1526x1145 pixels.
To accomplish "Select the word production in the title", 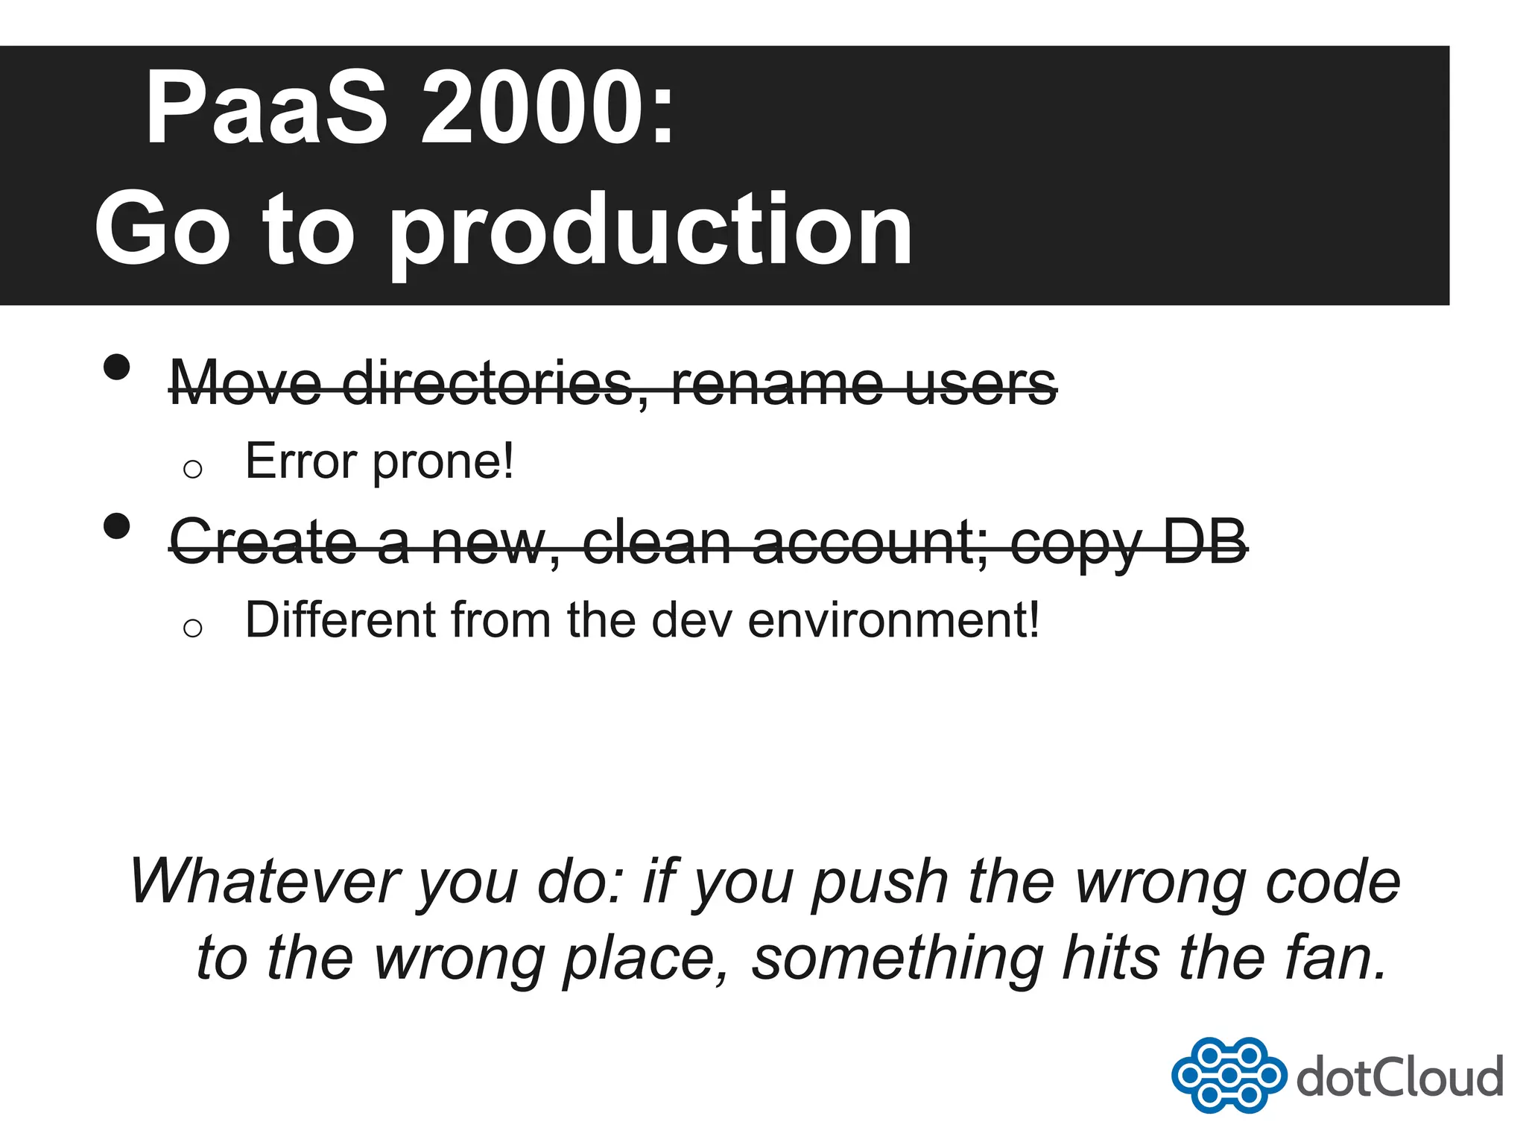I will click(x=650, y=230).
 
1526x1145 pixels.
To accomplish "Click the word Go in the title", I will click(x=162, y=230).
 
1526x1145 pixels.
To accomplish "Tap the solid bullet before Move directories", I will click(x=117, y=368).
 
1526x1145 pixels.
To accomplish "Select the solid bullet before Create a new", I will click(x=117, y=526).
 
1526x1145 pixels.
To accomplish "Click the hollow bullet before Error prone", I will click(x=192, y=469).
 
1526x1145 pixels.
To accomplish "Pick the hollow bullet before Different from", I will click(x=192, y=628).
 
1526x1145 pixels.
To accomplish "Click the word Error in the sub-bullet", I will click(x=301, y=461).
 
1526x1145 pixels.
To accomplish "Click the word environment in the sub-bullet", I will click(x=893, y=620).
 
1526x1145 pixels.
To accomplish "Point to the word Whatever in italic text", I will click(x=265, y=881).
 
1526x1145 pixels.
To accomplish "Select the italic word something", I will click(x=897, y=960).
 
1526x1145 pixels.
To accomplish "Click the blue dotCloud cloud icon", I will click(x=1228, y=1075).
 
